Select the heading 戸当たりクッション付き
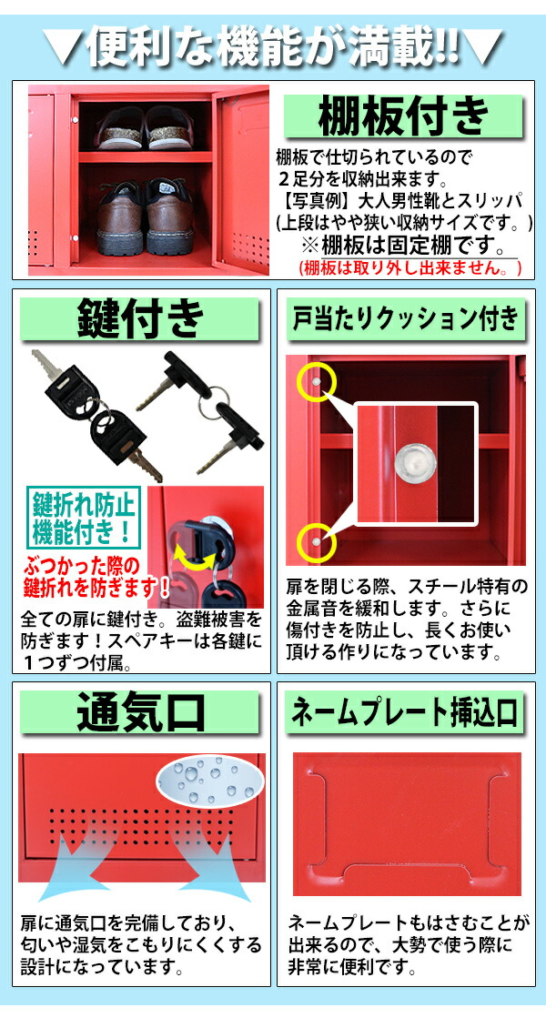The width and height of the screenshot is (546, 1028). click(x=405, y=317)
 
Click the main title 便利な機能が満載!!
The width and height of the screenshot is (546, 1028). click(x=273, y=45)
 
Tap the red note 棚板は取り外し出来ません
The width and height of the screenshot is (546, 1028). click(x=410, y=268)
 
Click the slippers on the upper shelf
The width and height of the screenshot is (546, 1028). click(x=146, y=127)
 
